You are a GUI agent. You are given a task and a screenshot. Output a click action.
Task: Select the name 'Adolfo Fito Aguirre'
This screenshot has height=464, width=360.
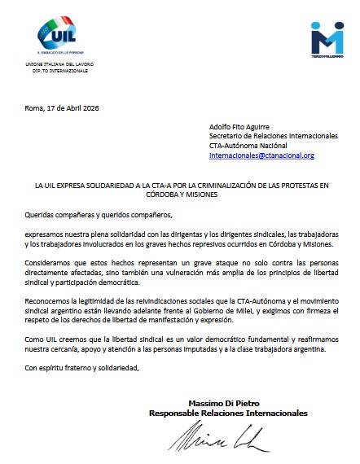238,127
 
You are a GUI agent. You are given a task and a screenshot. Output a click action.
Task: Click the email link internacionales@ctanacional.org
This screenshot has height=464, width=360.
261,155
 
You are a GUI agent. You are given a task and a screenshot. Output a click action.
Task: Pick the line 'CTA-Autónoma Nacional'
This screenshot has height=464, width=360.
250,145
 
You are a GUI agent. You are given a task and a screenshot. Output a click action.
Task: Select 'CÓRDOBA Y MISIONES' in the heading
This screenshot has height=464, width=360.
180,195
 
